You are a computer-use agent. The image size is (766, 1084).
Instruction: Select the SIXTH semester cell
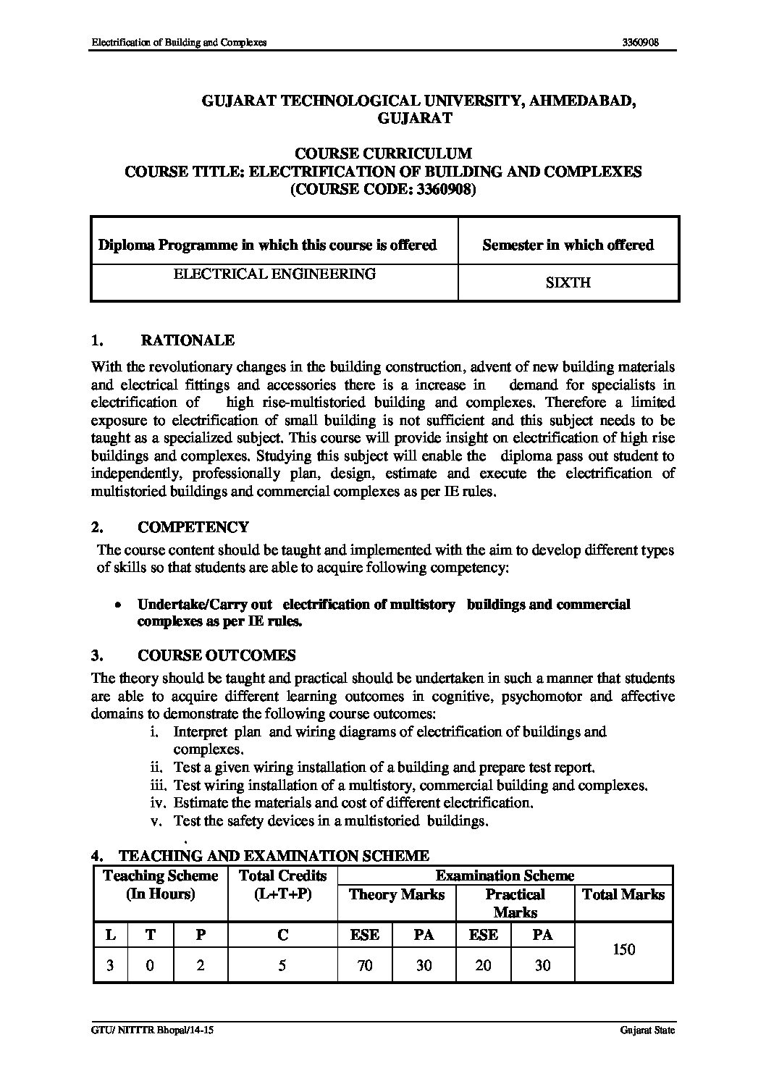pyautogui.click(x=568, y=283)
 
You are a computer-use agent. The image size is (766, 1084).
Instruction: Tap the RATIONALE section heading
pyautogui.click(x=187, y=340)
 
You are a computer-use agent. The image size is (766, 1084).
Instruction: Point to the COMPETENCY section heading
pyautogui.click(x=193, y=527)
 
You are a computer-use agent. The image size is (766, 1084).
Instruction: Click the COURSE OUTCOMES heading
pyautogui.click(x=216, y=655)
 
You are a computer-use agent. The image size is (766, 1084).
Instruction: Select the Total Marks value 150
pyautogui.click(x=623, y=949)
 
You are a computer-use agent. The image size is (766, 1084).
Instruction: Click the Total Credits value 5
pyautogui.click(x=282, y=965)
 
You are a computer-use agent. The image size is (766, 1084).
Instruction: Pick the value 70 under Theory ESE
pyautogui.click(x=365, y=965)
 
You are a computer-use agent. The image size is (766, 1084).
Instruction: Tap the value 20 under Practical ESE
pyautogui.click(x=483, y=965)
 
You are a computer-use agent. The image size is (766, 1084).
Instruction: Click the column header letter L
pyautogui.click(x=110, y=935)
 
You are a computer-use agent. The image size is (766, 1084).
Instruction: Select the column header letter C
pyautogui.click(x=282, y=935)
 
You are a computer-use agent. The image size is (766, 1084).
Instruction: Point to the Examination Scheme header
pyautogui.click(x=505, y=876)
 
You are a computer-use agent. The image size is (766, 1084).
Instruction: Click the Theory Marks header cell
pyautogui.click(x=396, y=894)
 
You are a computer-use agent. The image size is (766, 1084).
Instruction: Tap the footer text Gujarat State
pyautogui.click(x=647, y=1030)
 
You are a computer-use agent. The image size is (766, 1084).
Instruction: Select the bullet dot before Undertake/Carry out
pyautogui.click(x=117, y=605)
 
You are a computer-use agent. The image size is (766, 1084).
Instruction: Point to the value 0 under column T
pyautogui.click(x=150, y=965)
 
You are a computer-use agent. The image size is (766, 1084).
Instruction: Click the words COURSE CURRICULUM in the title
pyautogui.click(x=383, y=154)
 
